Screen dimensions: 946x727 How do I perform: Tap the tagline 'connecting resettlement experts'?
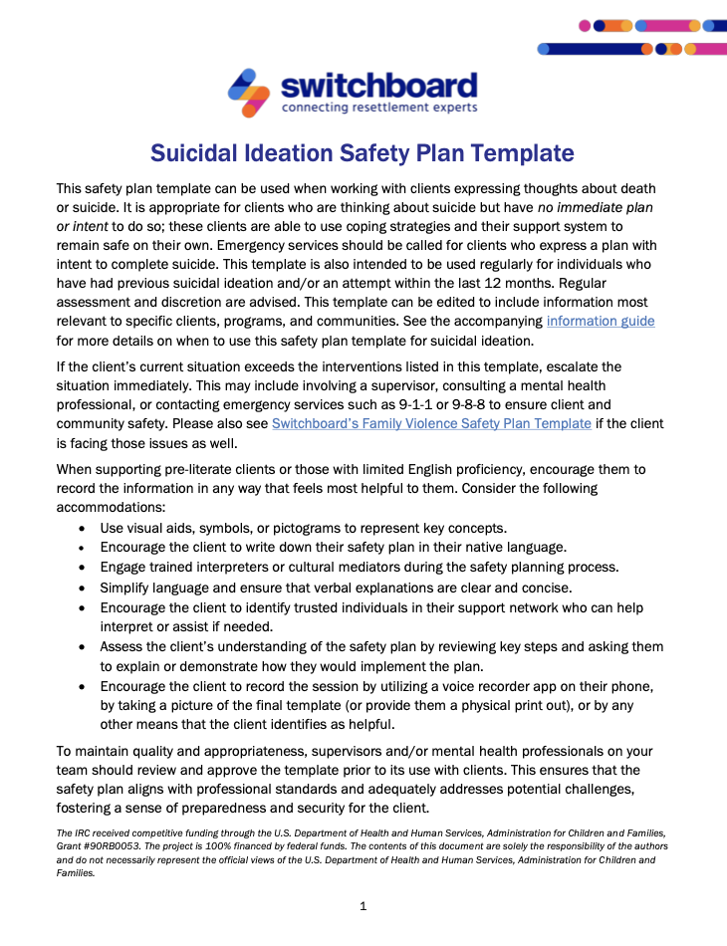click(x=379, y=108)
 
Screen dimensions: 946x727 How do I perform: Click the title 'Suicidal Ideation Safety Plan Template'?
click(x=363, y=153)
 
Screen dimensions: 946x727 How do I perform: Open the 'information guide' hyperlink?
click(x=600, y=322)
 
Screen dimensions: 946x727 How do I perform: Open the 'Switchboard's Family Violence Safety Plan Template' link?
click(x=431, y=423)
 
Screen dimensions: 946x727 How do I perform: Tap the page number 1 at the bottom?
click(x=363, y=906)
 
